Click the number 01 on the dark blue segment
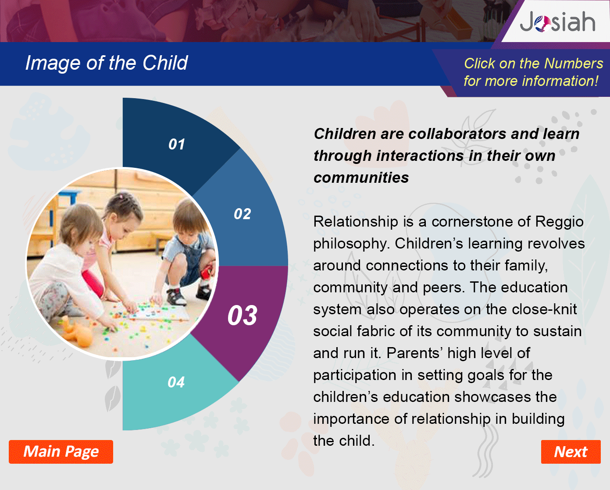(x=176, y=144)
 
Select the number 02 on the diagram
(x=243, y=214)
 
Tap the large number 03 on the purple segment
(x=243, y=315)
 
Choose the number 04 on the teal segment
(x=176, y=382)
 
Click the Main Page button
(x=61, y=452)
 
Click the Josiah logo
(x=557, y=21)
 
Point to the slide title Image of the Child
(x=107, y=63)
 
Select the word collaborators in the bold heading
(x=457, y=134)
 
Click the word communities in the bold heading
(x=361, y=178)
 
